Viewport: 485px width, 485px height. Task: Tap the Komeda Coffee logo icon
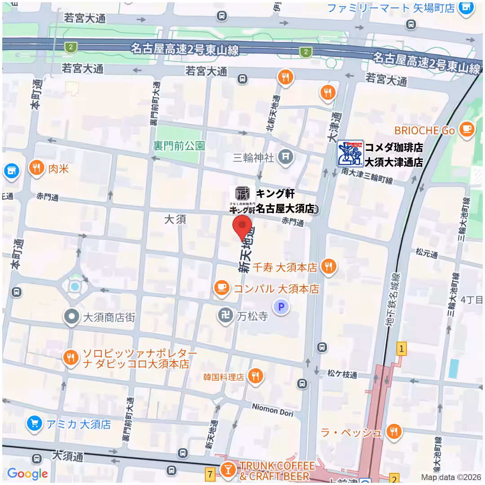(x=350, y=154)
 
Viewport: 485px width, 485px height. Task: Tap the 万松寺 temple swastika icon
(x=225, y=316)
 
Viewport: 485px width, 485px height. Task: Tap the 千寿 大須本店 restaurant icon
(x=329, y=267)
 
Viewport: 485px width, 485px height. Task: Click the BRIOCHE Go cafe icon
(x=467, y=130)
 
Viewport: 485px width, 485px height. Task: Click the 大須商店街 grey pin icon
(x=71, y=317)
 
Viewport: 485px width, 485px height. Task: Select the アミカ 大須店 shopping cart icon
(x=34, y=423)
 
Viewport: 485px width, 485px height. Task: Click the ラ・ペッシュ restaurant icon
(x=394, y=432)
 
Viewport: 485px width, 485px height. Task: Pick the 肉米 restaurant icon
(x=37, y=168)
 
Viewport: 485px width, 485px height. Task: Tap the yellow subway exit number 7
(x=210, y=473)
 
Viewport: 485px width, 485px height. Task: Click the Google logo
(x=27, y=473)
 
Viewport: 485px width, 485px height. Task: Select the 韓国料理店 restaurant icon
(x=256, y=376)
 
